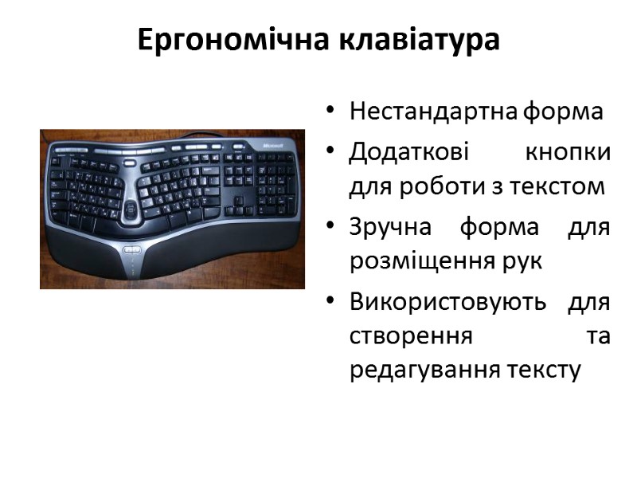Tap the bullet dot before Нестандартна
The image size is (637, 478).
(x=329, y=112)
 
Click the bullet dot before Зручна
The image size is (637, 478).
(x=329, y=227)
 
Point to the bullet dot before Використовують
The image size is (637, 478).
(x=329, y=303)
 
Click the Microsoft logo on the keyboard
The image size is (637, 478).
(x=272, y=146)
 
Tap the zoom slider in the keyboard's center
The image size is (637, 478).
(x=130, y=210)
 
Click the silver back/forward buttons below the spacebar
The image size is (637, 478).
(x=133, y=250)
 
